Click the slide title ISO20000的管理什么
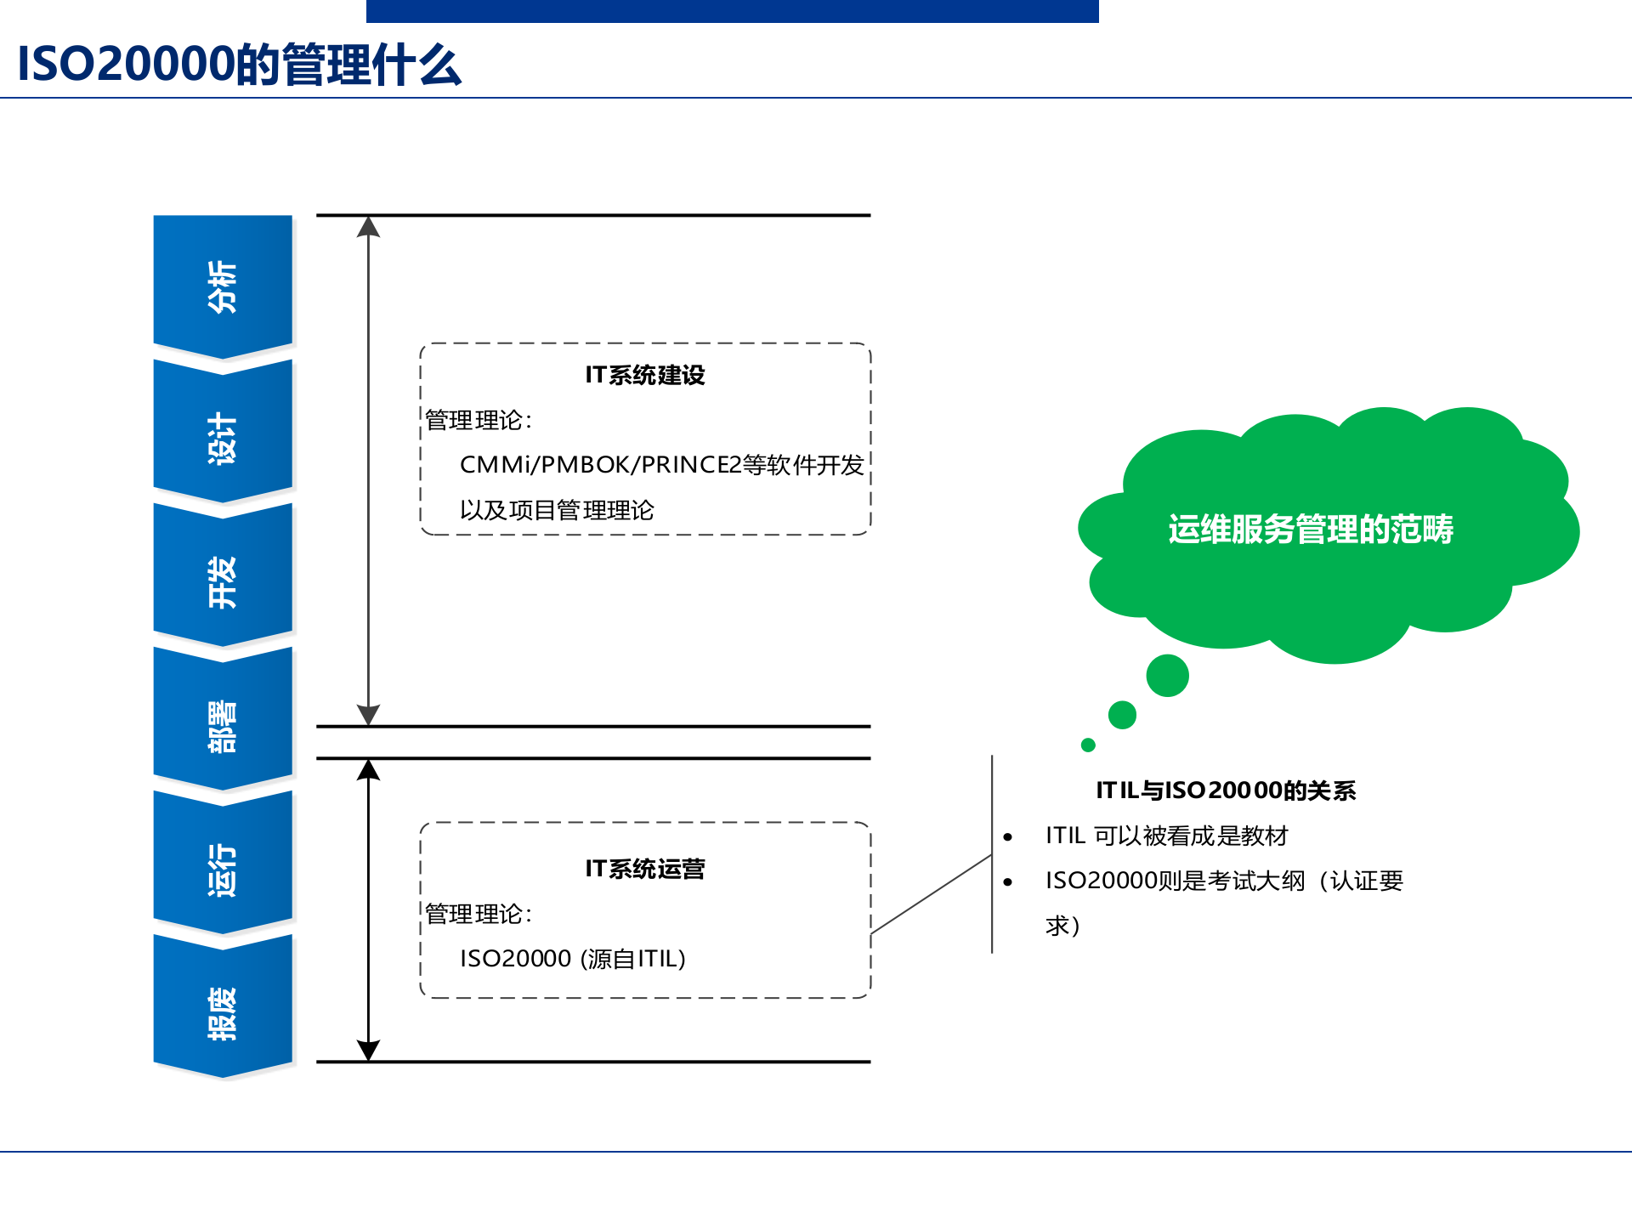pyautogui.click(x=239, y=65)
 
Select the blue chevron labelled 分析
pyautogui.click(x=223, y=286)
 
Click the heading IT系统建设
pyautogui.click(x=644, y=375)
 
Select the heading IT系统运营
pyautogui.click(x=644, y=869)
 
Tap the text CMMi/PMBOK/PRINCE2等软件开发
pyautogui.click(x=661, y=465)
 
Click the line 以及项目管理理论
pyautogui.click(x=557, y=510)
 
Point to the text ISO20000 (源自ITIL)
pyautogui.click(x=572, y=959)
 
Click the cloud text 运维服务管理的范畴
pyautogui.click(x=1310, y=530)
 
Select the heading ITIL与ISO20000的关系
pyautogui.click(x=1225, y=790)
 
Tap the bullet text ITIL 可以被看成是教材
pyautogui.click(x=1166, y=836)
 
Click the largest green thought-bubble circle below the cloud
pyautogui.click(x=1167, y=676)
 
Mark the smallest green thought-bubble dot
pyautogui.click(x=1088, y=745)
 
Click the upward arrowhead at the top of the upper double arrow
pyautogui.click(x=368, y=226)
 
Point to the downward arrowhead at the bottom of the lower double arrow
pyautogui.click(x=368, y=1051)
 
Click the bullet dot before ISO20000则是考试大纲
pyautogui.click(x=1008, y=882)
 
